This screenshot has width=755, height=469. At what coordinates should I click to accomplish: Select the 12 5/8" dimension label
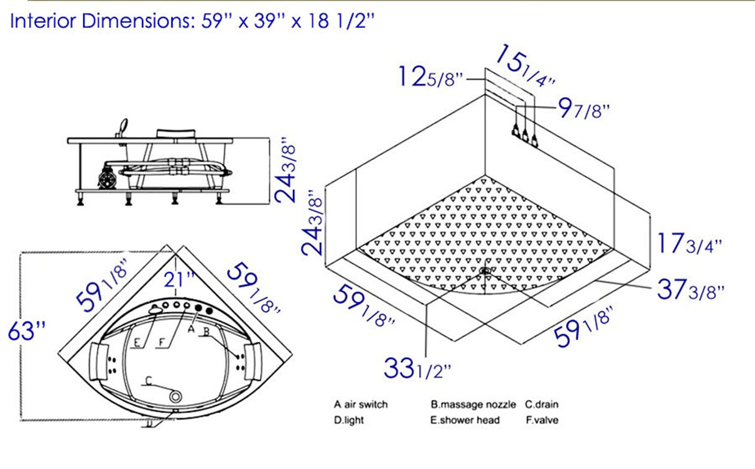(x=431, y=78)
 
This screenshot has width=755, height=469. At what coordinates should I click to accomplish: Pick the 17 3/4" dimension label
(x=689, y=243)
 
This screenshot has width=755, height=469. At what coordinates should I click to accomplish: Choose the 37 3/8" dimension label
(x=690, y=290)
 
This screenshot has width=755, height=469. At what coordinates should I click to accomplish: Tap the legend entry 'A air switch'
(x=360, y=404)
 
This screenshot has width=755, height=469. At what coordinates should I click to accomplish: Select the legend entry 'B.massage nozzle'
(x=473, y=404)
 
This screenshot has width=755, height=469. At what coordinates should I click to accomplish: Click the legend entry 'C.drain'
(x=542, y=404)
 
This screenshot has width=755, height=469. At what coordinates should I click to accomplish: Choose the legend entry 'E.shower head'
(x=465, y=420)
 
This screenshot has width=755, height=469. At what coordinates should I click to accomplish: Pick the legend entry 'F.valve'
(x=542, y=420)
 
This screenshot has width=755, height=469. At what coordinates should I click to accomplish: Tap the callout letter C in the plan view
(x=147, y=381)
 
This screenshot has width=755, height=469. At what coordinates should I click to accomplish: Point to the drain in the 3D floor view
(x=484, y=271)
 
